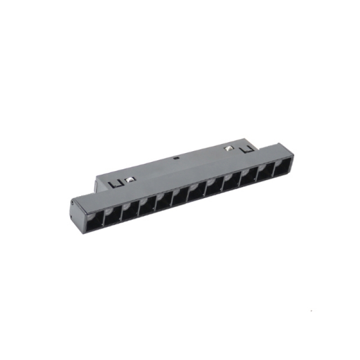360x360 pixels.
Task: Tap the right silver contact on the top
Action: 229,148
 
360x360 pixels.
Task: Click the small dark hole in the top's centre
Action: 176,158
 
